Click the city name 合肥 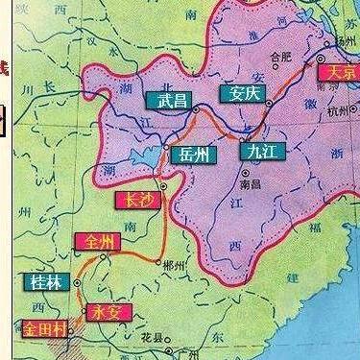(x=279, y=57)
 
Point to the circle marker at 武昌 (x=195, y=109)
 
